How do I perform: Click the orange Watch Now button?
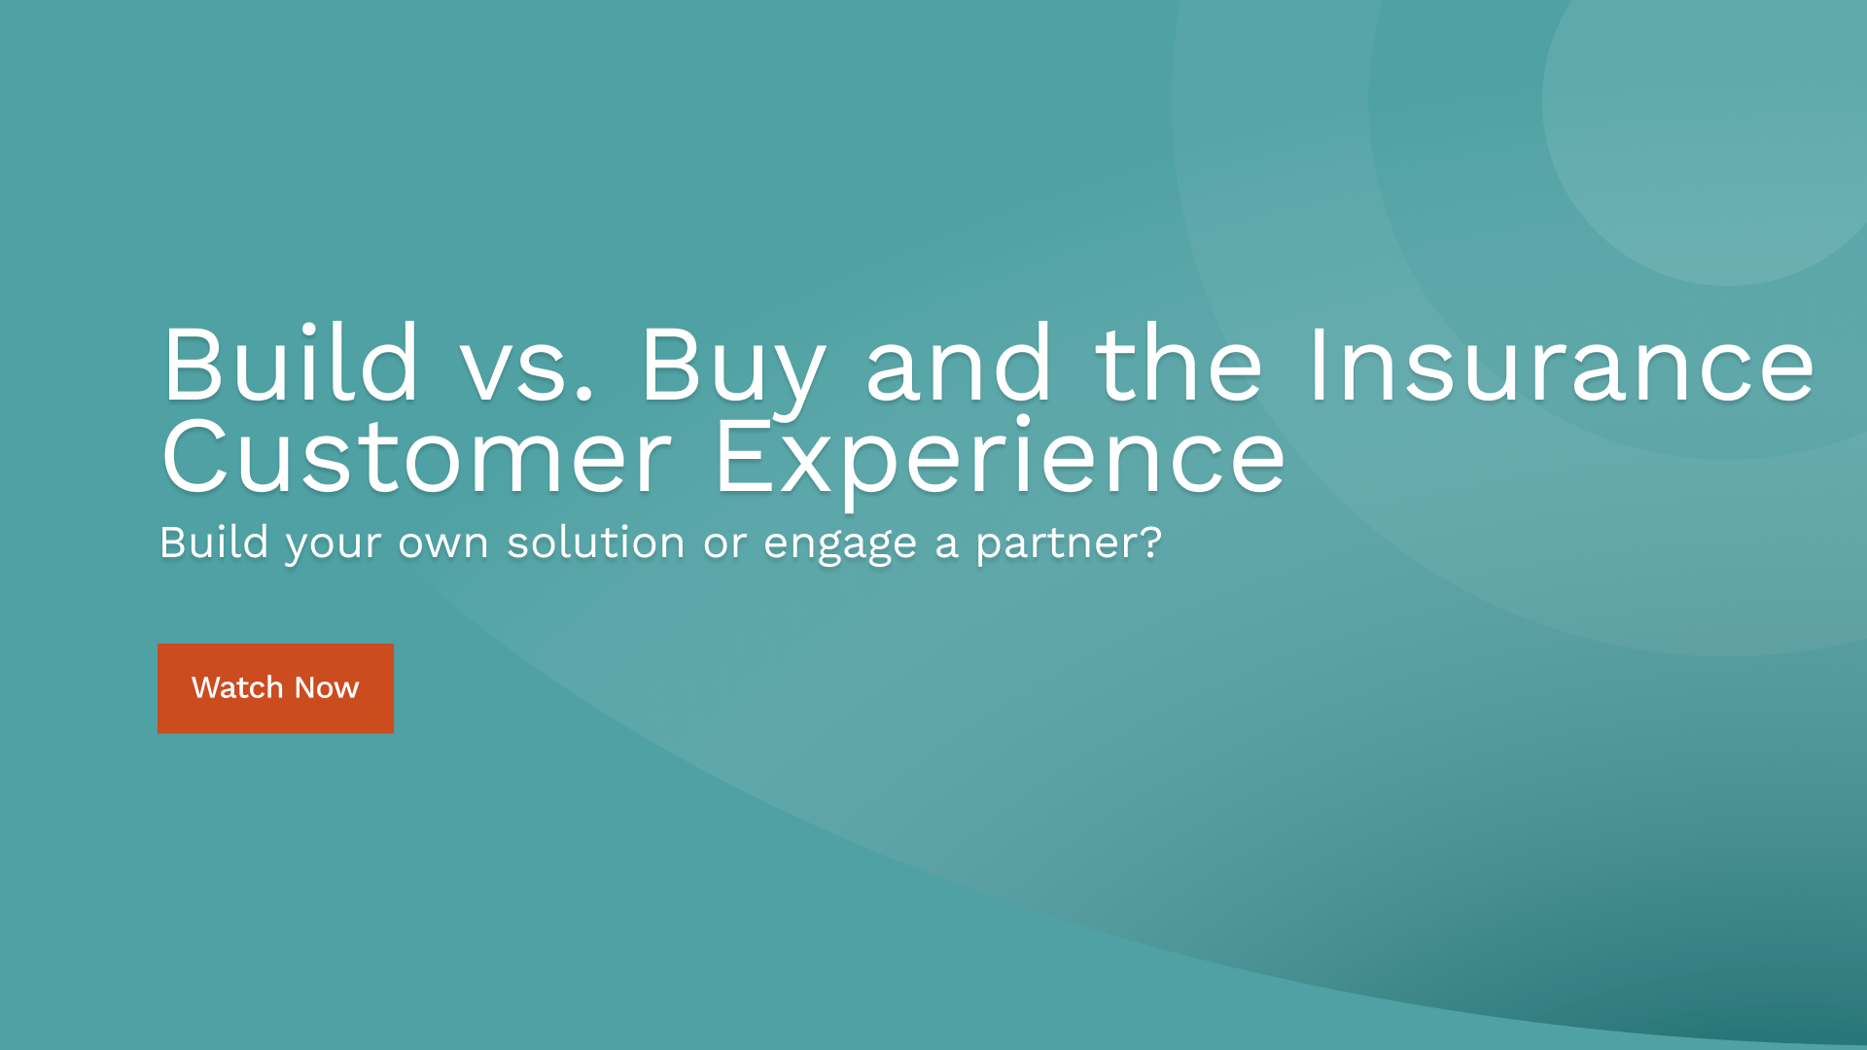(275, 688)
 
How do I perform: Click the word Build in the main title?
(290, 366)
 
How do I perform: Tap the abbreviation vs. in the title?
(526, 369)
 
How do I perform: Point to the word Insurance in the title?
(1560, 366)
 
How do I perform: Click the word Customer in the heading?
(416, 457)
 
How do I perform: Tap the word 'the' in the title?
(1179, 366)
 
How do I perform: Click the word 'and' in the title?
(958, 366)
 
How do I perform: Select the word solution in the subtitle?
(595, 542)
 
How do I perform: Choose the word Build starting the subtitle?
(213, 542)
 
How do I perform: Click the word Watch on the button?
(237, 687)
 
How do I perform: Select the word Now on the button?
(327, 687)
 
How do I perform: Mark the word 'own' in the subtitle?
(442, 543)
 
